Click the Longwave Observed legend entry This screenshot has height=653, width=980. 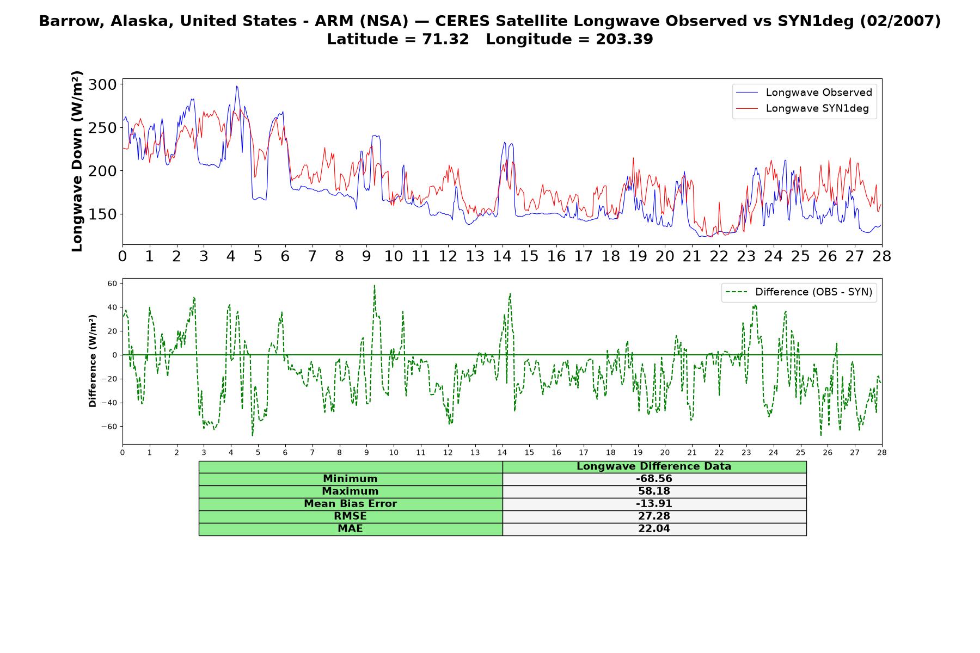tap(804, 93)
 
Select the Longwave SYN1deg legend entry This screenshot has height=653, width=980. tap(802, 108)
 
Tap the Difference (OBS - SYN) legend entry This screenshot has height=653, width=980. tap(799, 292)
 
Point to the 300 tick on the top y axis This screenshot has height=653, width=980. tap(102, 84)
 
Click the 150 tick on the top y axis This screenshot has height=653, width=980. tap(102, 214)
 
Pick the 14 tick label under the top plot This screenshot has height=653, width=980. tap(502, 256)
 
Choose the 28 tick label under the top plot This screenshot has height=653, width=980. tap(881, 256)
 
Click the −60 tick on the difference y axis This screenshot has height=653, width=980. tap(109, 427)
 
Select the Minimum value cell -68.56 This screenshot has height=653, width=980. tap(654, 479)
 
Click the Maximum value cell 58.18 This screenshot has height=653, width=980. tap(654, 491)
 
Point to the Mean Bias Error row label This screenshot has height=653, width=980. tap(350, 504)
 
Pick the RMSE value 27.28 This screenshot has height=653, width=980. tap(654, 516)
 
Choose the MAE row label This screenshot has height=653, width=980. tap(350, 529)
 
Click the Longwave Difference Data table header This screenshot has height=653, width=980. tap(654, 466)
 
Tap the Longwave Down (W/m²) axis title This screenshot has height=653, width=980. tap(77, 161)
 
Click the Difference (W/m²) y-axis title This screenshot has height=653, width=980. tap(93, 361)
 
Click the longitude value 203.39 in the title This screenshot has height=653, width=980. tap(624, 39)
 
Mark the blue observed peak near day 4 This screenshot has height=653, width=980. tap(236, 86)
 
